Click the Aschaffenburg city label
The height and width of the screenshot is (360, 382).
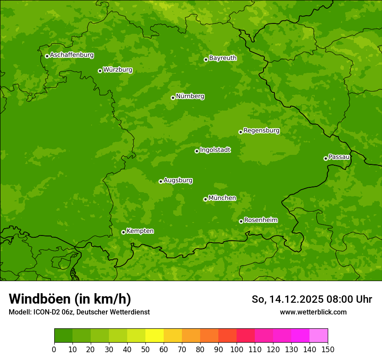(x=72, y=55)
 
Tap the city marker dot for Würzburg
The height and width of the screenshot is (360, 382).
(x=100, y=71)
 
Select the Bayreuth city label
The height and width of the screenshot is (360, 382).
(x=223, y=58)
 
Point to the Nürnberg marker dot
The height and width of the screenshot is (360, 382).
(x=173, y=98)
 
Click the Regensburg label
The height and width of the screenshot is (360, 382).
(x=261, y=131)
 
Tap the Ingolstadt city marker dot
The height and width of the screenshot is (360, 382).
(x=197, y=151)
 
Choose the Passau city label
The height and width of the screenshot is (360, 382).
(x=339, y=157)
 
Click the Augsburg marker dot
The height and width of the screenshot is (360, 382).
(x=161, y=181)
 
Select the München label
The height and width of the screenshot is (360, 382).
(x=222, y=198)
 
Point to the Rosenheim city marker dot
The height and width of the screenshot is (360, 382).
(x=241, y=221)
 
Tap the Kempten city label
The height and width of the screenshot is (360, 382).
(x=140, y=231)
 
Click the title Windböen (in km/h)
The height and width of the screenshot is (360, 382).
(x=70, y=299)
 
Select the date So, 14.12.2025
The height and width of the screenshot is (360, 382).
(x=288, y=299)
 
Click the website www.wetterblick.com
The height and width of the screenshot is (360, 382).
(x=313, y=312)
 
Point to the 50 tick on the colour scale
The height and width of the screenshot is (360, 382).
(x=145, y=349)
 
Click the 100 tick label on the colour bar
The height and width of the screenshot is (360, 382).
(x=237, y=349)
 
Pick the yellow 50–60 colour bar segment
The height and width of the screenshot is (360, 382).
(x=155, y=336)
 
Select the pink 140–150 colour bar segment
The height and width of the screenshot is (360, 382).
(x=319, y=336)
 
